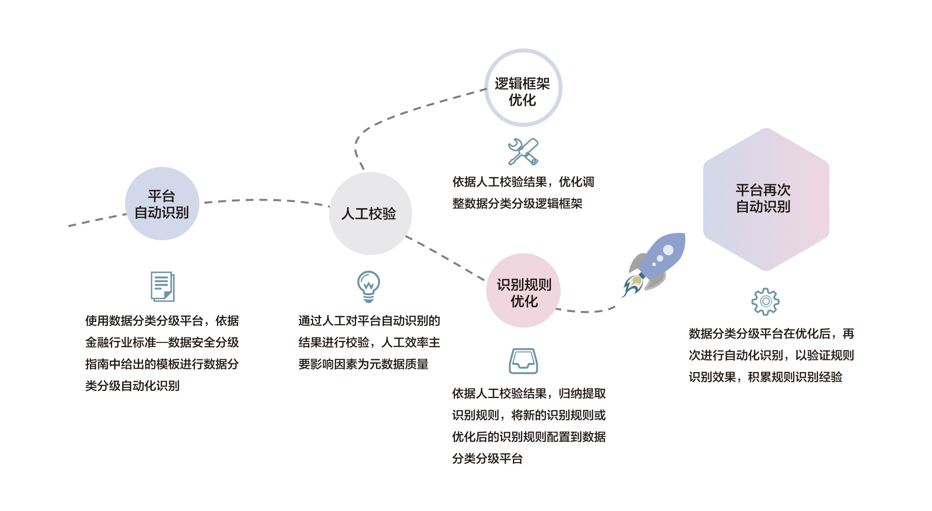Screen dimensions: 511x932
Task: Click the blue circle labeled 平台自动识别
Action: point(162,204)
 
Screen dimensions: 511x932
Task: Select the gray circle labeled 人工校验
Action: point(370,213)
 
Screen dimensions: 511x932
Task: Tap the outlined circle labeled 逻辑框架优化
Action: point(523,88)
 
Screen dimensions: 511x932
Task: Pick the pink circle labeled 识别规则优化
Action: point(523,291)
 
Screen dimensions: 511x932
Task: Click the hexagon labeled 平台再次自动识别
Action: point(766,199)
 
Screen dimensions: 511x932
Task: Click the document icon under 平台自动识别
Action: point(163,286)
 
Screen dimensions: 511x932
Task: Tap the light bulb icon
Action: point(368,286)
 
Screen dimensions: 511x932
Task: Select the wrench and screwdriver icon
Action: point(523,152)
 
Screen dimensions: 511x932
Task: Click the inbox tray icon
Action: point(523,361)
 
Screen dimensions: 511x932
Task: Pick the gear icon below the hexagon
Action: point(765,301)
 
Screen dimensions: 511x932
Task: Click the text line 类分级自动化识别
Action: point(132,386)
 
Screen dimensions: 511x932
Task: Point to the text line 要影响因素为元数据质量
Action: point(363,364)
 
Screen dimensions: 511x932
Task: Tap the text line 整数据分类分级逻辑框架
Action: point(517,204)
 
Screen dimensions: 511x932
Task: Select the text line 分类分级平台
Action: point(487,459)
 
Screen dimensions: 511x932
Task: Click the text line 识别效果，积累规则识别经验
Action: point(765,377)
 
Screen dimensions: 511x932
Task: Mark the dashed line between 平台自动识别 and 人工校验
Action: point(265,200)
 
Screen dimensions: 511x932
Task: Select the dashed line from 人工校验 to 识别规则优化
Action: point(446,258)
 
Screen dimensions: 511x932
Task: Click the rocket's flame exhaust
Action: point(632,286)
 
